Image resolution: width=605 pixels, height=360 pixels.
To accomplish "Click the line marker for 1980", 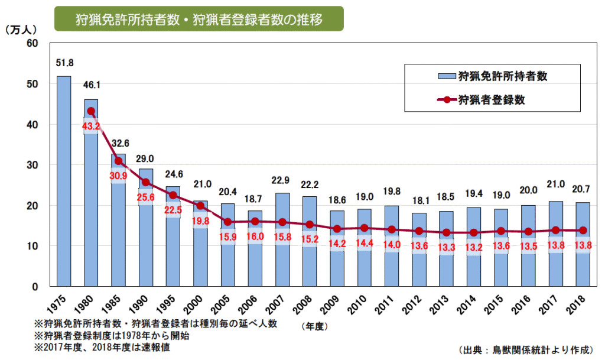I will point(91,111).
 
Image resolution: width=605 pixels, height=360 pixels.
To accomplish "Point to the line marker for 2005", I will point(227,222).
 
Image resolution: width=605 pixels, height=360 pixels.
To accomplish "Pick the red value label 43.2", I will point(91,127).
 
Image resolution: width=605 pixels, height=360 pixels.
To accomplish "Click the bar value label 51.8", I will point(64,63).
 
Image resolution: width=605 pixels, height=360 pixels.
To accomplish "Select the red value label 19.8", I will point(200,221).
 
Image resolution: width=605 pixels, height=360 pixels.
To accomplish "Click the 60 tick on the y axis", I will point(33,44).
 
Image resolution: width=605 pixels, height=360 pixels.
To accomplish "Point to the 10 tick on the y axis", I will point(33,246).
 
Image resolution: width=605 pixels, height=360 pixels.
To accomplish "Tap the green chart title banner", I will point(199,20).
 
